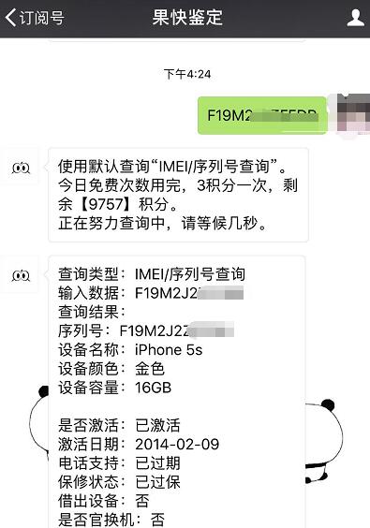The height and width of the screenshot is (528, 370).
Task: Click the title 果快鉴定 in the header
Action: pyautogui.click(x=187, y=18)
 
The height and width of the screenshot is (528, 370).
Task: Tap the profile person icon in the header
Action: pyautogui.click(x=355, y=17)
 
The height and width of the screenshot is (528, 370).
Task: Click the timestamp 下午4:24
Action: pyautogui.click(x=187, y=74)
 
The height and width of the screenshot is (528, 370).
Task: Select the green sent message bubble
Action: pyautogui.click(x=261, y=115)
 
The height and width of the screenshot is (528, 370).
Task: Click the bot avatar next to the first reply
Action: pyautogui.click(x=22, y=168)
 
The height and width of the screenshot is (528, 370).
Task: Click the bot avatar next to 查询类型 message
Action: pyautogui.click(x=22, y=274)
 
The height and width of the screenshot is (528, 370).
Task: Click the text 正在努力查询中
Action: pyautogui.click(x=112, y=226)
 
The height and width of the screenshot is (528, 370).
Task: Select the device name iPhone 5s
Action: pyautogui.click(x=169, y=350)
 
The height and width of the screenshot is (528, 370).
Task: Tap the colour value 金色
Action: pyautogui.click(x=150, y=369)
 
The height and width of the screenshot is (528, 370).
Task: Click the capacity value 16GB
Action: pyautogui.click(x=154, y=388)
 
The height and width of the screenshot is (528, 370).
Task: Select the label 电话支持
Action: pyautogui.click(x=89, y=462)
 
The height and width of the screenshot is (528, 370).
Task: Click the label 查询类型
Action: pyautogui.click(x=89, y=274)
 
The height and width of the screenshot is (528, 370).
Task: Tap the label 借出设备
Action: pyautogui.click(x=89, y=500)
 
